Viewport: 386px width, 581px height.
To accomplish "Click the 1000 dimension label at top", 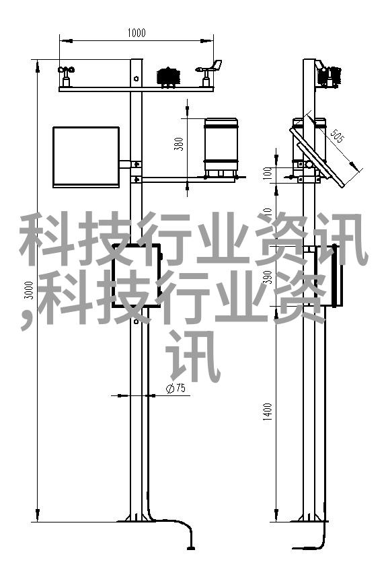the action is tap(137, 33).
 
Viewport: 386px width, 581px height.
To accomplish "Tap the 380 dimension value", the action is tap(180, 144).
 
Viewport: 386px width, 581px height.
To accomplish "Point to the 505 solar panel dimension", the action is tap(337, 135).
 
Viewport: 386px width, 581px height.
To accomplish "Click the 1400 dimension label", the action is tap(268, 412).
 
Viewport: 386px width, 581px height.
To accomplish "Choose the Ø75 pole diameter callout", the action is tap(176, 388).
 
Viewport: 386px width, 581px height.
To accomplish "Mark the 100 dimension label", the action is tap(268, 173).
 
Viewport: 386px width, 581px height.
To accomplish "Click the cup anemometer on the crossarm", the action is tap(66, 77).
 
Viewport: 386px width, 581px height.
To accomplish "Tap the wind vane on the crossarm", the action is tap(209, 73).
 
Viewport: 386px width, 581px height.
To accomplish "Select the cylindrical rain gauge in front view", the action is tap(221, 147).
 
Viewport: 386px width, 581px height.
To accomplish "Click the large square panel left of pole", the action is tap(86, 157).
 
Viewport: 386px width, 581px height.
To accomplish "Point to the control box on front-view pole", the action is tap(137, 275).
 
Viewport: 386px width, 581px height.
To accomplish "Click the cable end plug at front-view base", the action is tap(191, 547).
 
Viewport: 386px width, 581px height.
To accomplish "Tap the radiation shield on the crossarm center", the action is tap(169, 77).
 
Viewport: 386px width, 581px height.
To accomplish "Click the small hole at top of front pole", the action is tap(136, 79).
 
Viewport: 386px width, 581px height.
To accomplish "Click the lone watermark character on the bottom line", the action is tap(193, 356).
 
